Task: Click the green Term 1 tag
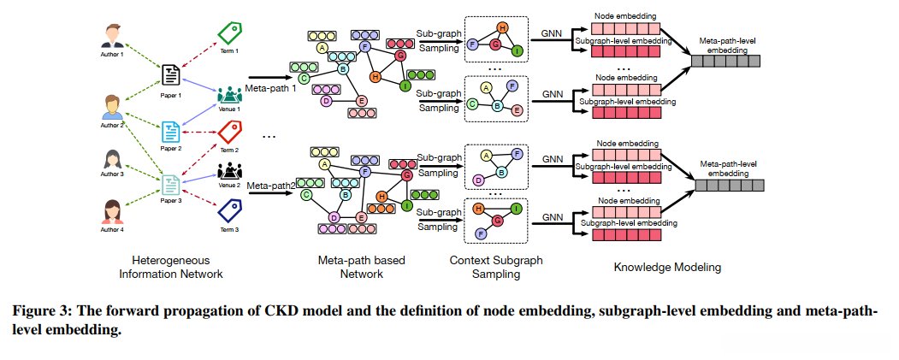[x=230, y=33]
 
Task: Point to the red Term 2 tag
[x=230, y=132]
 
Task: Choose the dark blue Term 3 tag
[x=230, y=210]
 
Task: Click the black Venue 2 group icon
[x=230, y=170]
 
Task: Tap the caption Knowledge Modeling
[x=667, y=267]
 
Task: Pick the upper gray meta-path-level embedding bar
[x=729, y=61]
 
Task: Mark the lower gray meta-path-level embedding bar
[x=729, y=185]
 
